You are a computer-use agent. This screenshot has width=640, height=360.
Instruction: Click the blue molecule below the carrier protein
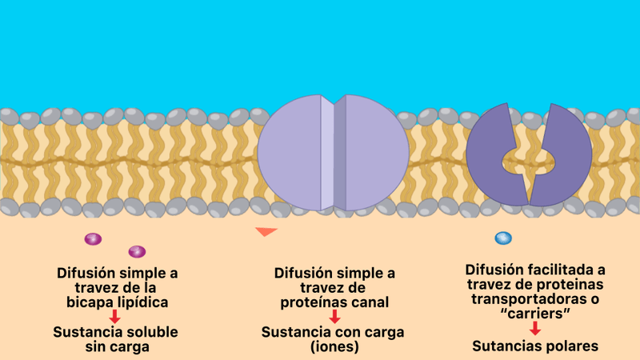pyautogui.click(x=503, y=238)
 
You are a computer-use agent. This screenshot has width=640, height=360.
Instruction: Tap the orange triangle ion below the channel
pyautogui.click(x=266, y=232)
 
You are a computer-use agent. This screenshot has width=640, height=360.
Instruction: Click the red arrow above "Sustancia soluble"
pyautogui.click(x=115, y=317)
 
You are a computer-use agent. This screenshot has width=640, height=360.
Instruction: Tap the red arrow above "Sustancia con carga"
pyautogui.click(x=334, y=317)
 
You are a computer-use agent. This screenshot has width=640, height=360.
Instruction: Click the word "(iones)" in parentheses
pyautogui.click(x=334, y=347)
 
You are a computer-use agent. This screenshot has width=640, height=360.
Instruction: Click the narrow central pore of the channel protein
pyautogui.click(x=328, y=152)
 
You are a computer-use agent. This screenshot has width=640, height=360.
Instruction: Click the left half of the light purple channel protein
pyautogui.click(x=290, y=152)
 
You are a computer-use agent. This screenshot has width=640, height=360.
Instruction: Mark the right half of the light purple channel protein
pyautogui.click(x=374, y=152)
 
